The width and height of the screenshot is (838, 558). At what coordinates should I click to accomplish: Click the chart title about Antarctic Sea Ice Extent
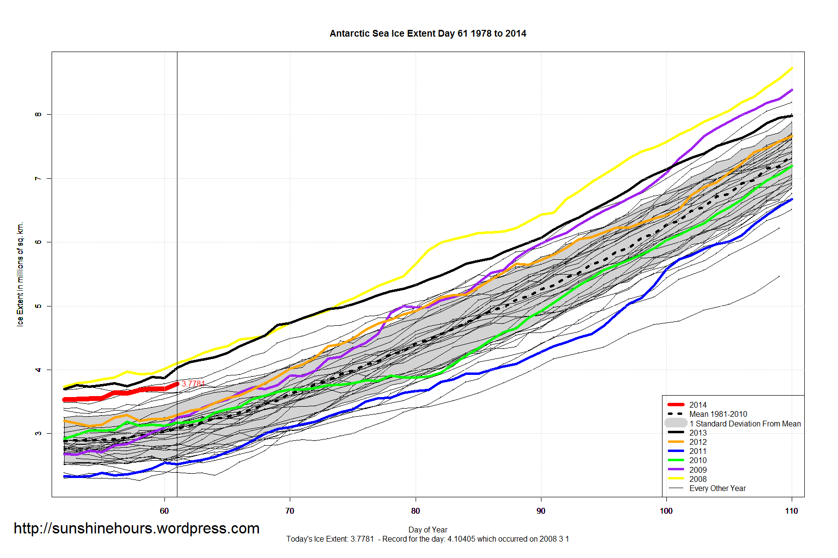428,33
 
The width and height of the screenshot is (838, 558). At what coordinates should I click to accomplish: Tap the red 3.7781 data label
193,384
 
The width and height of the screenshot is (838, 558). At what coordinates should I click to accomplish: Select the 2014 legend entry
698,405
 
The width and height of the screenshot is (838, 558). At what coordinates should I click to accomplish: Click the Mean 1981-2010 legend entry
718,414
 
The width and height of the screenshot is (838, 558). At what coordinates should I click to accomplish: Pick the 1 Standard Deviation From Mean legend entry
745,424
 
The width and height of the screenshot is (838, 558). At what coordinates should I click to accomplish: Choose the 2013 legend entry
698,433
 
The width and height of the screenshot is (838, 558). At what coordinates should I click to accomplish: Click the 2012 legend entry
698,442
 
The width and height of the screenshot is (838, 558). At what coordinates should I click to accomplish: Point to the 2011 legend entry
698,451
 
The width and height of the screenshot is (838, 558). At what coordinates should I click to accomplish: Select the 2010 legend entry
698,460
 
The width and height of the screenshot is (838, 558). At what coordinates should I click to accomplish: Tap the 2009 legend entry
698,470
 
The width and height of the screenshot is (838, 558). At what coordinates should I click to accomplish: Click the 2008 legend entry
698,479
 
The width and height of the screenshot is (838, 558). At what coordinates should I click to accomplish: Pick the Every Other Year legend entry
717,488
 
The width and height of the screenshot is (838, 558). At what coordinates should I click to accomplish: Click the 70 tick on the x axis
290,511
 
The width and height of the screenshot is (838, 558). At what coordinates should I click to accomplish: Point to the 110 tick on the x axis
791,511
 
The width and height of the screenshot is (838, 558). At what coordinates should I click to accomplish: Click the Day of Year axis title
428,530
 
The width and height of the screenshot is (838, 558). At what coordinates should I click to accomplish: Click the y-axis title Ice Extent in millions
20,274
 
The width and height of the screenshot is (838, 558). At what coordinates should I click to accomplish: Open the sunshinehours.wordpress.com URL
136,529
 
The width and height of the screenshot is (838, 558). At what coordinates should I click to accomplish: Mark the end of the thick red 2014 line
177,384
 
